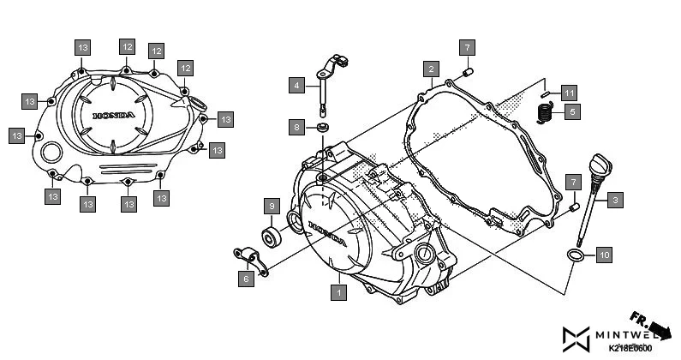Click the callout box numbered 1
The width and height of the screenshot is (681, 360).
(339, 292)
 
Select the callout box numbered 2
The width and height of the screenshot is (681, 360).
(433, 68)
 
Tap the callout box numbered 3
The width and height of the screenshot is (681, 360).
(615, 200)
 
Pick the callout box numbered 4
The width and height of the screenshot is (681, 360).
(296, 85)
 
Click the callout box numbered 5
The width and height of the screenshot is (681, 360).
(572, 110)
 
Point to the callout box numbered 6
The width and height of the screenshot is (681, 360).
(245, 279)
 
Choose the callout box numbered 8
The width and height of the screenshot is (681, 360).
(296, 128)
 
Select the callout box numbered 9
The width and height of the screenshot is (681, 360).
(271, 206)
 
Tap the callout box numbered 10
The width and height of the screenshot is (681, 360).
(603, 255)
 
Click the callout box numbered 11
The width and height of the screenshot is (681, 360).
(570, 91)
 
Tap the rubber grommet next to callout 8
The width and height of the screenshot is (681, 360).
(323, 129)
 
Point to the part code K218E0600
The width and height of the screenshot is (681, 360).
(630, 349)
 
